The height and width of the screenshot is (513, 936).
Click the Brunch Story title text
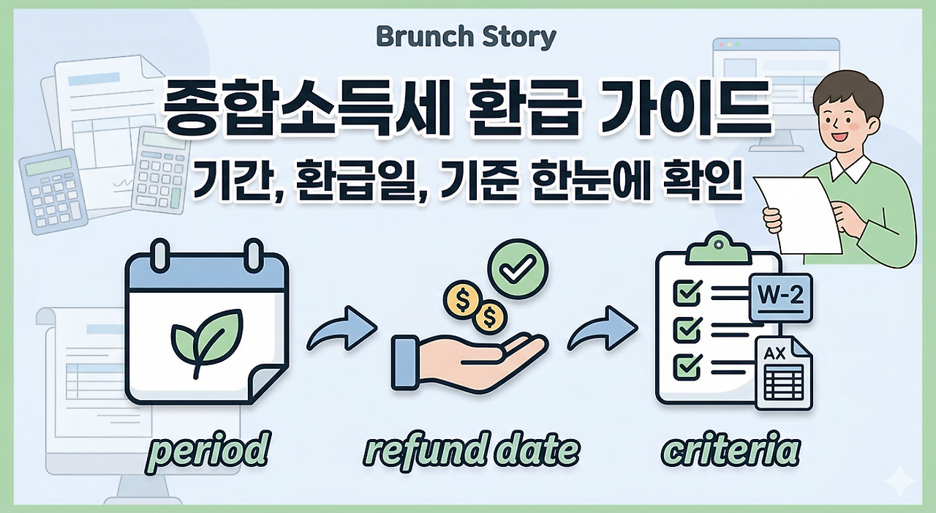tap(466, 37)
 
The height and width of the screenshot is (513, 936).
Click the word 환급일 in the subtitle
tap(343, 183)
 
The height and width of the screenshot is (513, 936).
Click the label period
tap(207, 450)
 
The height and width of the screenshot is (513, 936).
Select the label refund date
tap(472, 450)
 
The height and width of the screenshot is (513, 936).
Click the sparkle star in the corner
tap(899, 484)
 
